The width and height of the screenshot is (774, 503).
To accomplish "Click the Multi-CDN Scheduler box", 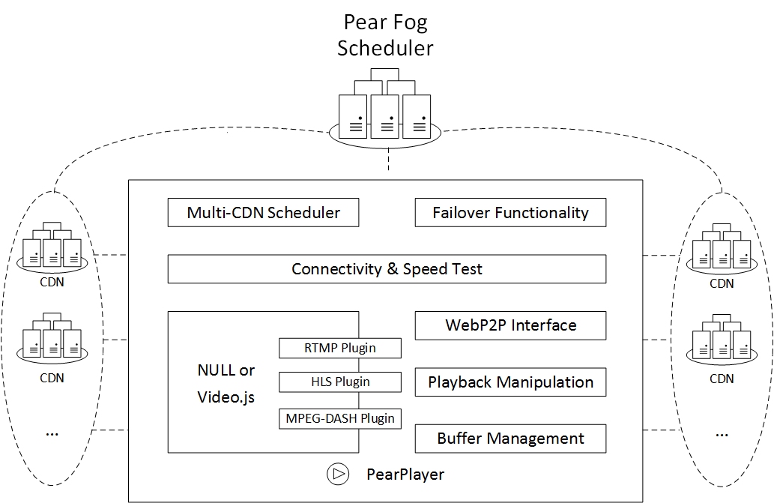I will point(263,212).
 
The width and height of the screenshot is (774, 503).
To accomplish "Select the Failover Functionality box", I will point(510,212).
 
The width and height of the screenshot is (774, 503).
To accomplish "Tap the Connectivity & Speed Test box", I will point(387,269).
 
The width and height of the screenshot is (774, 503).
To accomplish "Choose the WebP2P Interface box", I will point(510,325).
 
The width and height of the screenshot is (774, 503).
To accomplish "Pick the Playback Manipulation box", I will point(510,382).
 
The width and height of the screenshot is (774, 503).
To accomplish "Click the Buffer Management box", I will point(510,439).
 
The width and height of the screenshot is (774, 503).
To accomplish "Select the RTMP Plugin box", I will point(340,348).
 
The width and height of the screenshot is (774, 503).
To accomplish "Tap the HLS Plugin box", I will point(340,382).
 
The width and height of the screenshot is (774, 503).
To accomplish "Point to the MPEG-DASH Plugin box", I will point(340,418).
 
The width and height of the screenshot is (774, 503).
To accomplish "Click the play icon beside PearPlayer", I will point(338,474).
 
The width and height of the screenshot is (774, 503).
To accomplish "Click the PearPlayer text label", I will point(405,475).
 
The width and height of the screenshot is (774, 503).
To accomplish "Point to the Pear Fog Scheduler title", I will point(385,35).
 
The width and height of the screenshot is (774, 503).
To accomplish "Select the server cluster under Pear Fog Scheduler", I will point(385,109).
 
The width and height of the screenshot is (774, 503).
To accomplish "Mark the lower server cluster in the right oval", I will point(722,343).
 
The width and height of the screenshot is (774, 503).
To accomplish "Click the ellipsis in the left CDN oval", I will point(52,432).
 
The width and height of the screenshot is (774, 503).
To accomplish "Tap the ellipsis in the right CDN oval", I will point(722,432).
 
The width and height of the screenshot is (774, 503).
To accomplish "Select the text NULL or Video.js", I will point(226,383).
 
